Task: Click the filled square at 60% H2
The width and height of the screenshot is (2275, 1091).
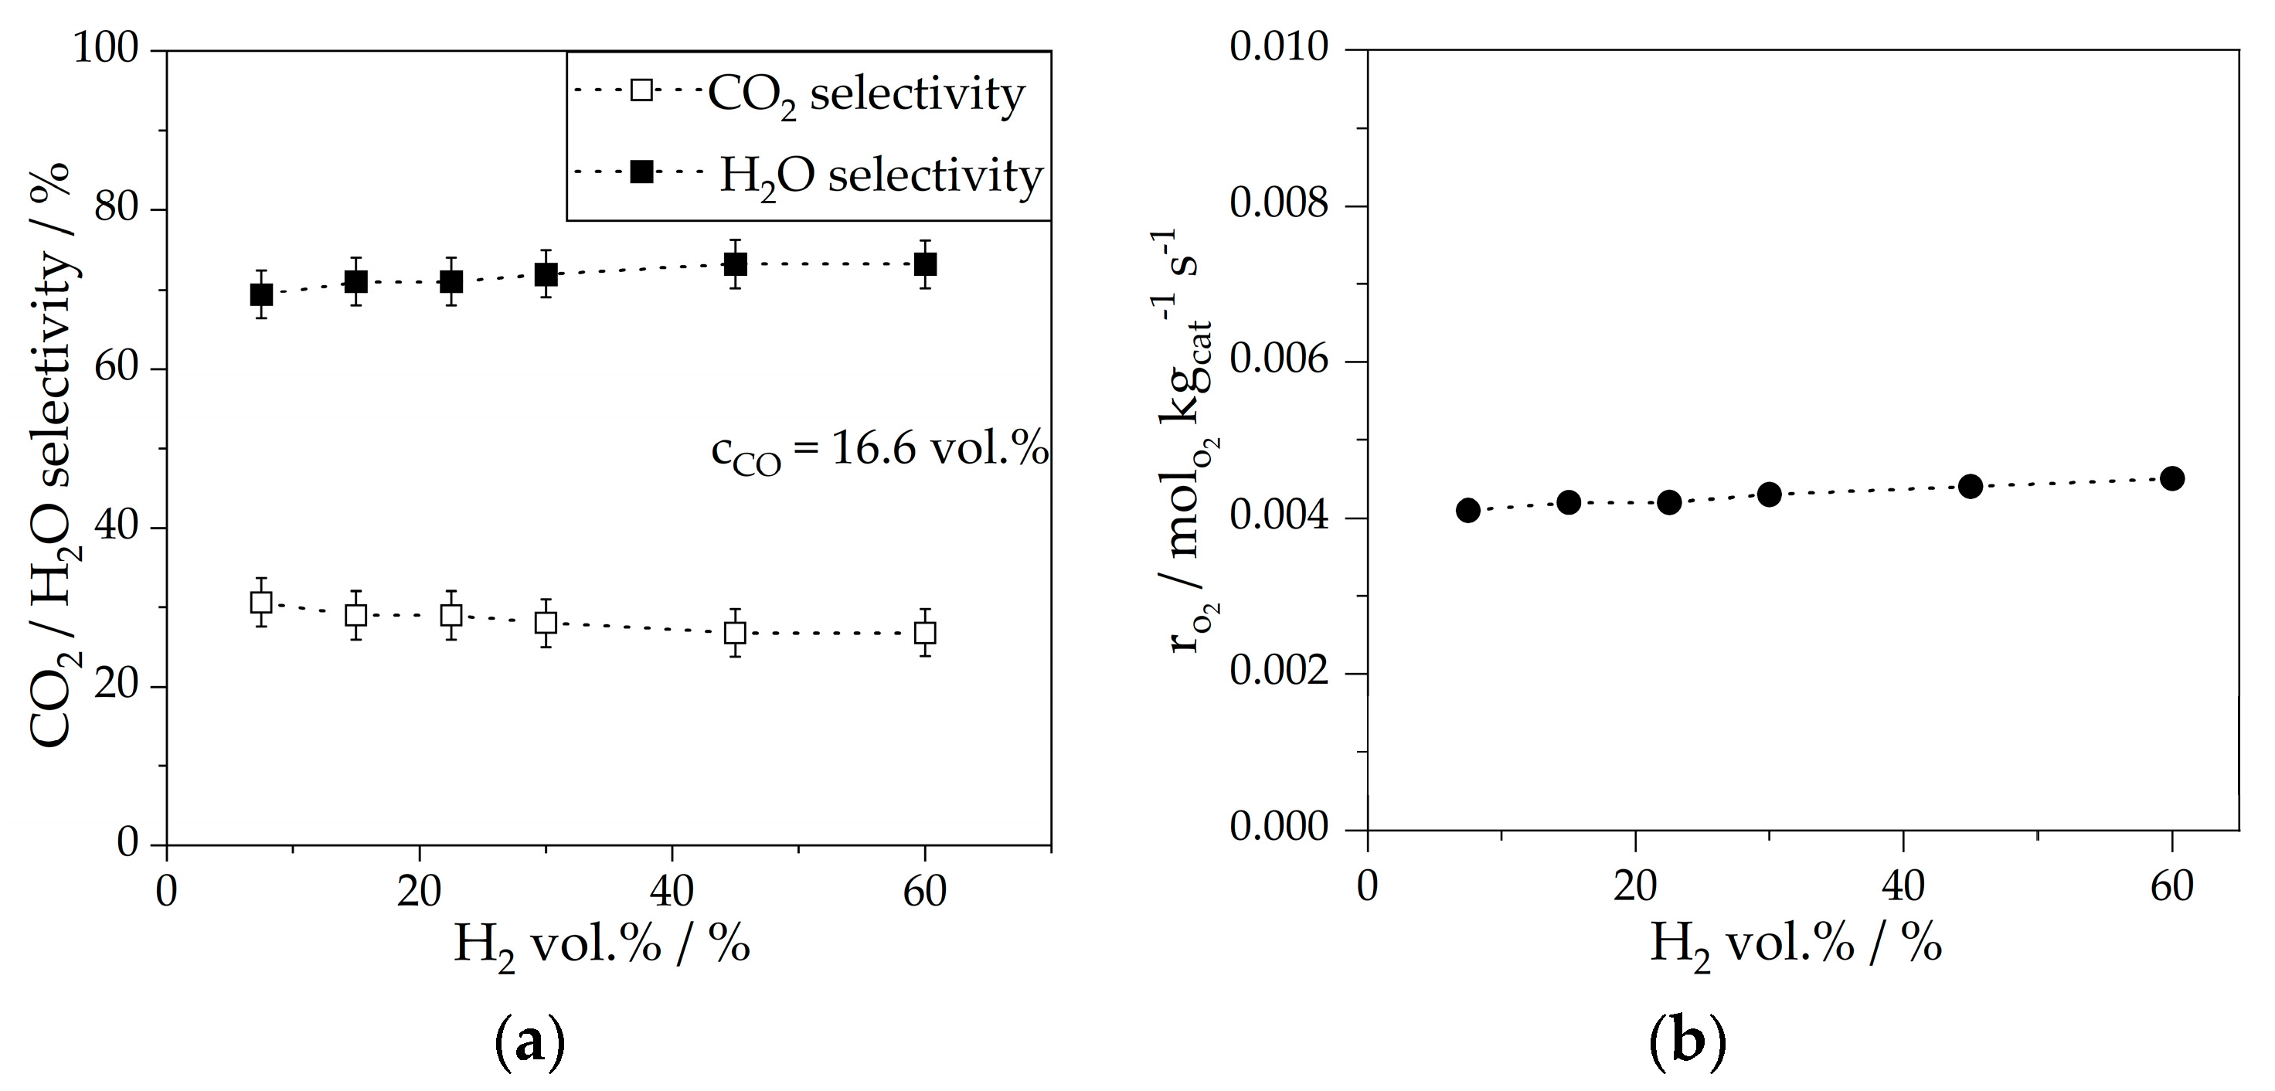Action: tap(925, 264)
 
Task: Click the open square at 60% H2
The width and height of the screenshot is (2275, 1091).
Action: tap(925, 633)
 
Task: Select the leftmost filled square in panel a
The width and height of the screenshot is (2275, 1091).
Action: tap(261, 294)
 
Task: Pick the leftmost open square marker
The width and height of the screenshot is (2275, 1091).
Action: tap(261, 603)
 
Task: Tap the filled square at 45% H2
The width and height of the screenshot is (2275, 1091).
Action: tap(735, 264)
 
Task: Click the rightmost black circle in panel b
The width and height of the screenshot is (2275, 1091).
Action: tap(2171, 478)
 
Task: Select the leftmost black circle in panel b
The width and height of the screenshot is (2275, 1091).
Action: tap(1467, 510)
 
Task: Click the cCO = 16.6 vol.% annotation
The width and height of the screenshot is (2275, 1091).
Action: tap(879, 452)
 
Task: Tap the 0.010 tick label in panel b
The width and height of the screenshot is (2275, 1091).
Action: tap(1280, 48)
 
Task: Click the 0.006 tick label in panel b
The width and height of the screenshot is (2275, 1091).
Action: tap(1280, 361)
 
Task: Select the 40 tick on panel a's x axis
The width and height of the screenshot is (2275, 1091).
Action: tap(672, 892)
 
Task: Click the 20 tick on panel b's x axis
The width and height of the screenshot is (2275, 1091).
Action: tap(1636, 886)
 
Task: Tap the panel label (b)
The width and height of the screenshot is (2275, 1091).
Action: tap(1688, 1043)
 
